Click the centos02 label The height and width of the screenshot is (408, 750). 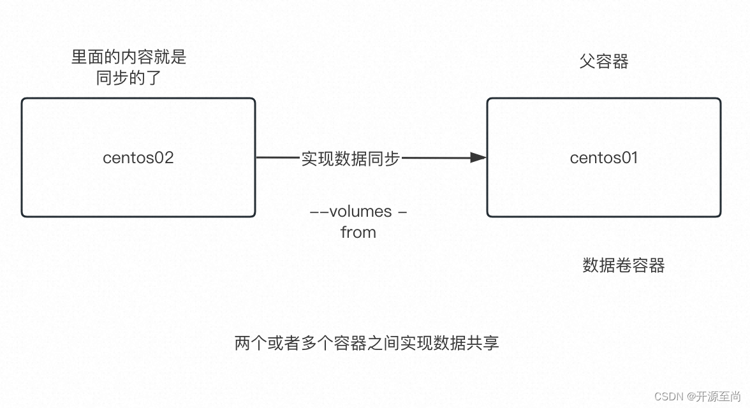pos(138,157)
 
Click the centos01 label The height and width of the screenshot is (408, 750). pos(603,157)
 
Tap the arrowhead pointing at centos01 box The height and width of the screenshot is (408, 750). pos(478,157)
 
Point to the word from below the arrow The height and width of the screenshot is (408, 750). pos(358,233)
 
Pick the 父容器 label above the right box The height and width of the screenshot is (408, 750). pos(604,61)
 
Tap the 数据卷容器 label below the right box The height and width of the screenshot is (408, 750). pos(623,265)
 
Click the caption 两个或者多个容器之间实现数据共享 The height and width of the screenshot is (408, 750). pos(367,343)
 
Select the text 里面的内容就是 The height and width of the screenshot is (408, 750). pos(129,57)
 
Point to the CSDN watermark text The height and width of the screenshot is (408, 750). pos(670,396)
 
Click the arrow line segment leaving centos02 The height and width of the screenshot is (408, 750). pos(277,157)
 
